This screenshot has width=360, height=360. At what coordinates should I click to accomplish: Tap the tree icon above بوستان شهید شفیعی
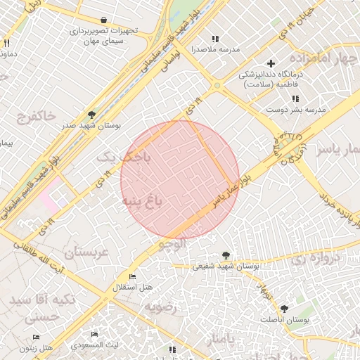[226, 255]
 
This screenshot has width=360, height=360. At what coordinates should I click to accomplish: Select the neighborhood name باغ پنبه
[142, 202]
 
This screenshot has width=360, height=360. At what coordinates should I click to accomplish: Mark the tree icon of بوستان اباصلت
[284, 309]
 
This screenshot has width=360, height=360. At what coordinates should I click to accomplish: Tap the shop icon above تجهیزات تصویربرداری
[104, 20]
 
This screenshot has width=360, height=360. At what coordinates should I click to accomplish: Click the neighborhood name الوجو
[172, 244]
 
